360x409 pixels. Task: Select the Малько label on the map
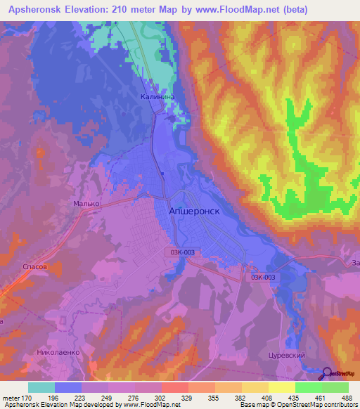[87, 204]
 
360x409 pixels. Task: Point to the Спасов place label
[35, 268]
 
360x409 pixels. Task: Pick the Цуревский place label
[286, 356]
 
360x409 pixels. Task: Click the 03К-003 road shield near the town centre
[184, 251]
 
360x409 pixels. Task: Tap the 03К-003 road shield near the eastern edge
[265, 277]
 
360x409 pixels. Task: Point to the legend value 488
[347, 398]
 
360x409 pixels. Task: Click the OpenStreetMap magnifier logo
[328, 373]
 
